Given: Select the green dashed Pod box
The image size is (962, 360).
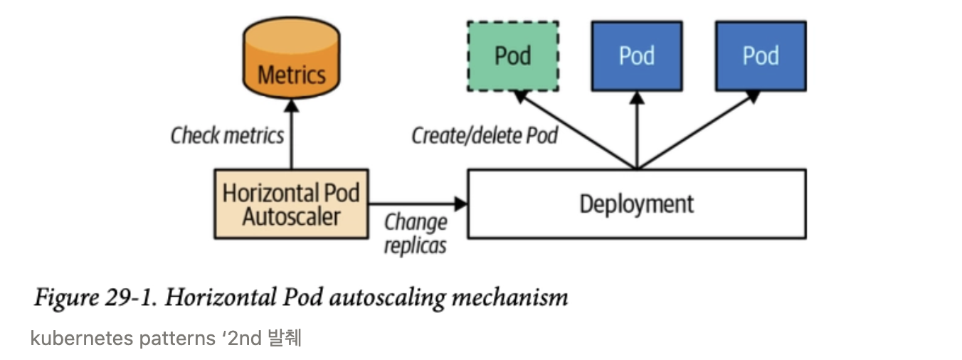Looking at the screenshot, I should [x=512, y=55].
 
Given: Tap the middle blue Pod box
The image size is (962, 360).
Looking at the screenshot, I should [x=637, y=55].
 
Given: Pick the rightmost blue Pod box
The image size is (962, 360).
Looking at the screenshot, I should [x=761, y=55].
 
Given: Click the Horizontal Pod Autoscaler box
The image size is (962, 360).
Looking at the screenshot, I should [x=291, y=203].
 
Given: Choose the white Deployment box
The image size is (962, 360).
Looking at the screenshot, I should [x=636, y=203].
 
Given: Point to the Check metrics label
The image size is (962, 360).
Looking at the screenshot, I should [x=227, y=135].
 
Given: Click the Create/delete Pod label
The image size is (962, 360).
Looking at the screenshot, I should [x=484, y=135].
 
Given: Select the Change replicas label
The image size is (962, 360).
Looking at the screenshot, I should [x=416, y=233].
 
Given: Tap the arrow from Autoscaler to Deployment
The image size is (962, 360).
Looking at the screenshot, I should [x=416, y=204].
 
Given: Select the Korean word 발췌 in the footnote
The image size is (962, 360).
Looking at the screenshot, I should [x=285, y=338].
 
